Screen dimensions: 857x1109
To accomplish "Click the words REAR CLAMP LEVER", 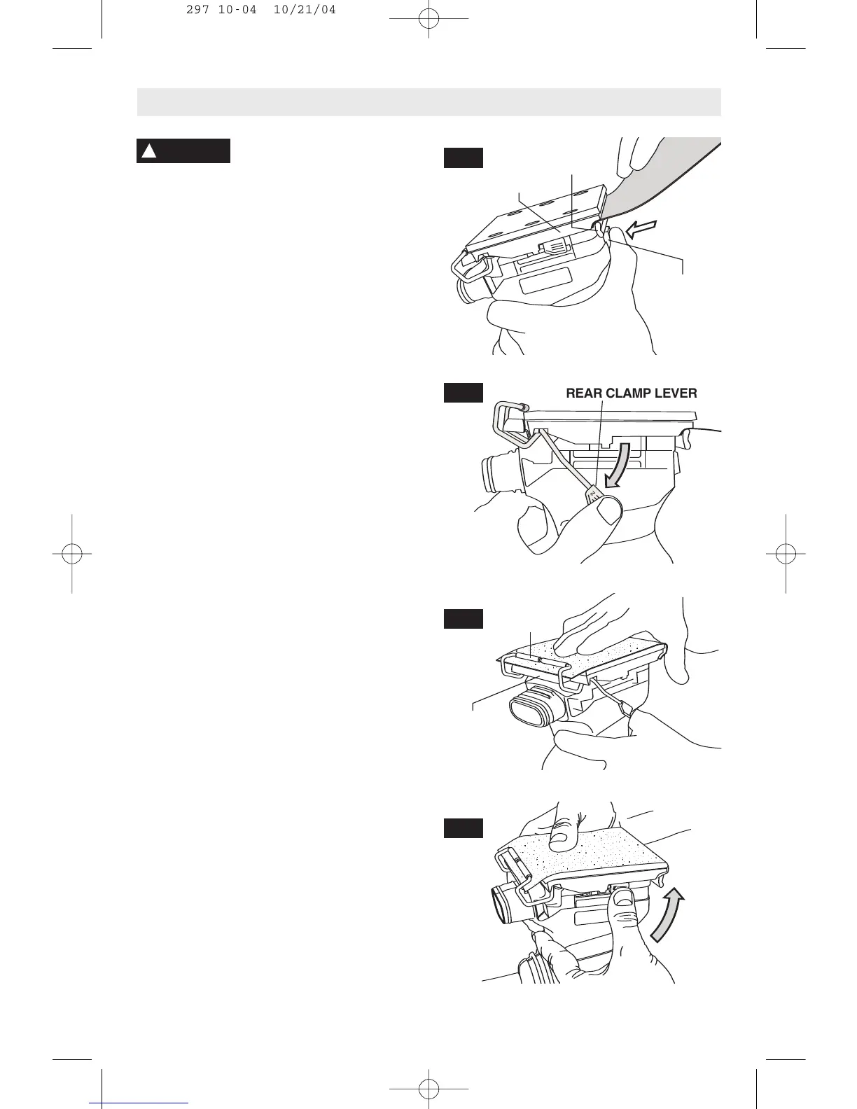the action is pos(631,393).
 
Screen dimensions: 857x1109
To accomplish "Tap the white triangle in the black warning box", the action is pos(148,151).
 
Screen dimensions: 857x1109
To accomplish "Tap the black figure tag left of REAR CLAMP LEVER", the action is pos(463,393).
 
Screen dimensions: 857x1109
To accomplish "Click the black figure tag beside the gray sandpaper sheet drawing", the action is pos(463,158).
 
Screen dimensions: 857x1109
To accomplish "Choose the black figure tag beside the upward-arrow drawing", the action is pos(463,828).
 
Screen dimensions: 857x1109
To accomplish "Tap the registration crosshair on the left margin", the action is pos(71,554).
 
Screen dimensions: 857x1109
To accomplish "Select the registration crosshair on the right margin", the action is pos(786,554).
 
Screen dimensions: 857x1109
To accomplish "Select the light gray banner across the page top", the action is pos(428,102).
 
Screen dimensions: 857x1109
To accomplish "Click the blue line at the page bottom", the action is pos(139,1103).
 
